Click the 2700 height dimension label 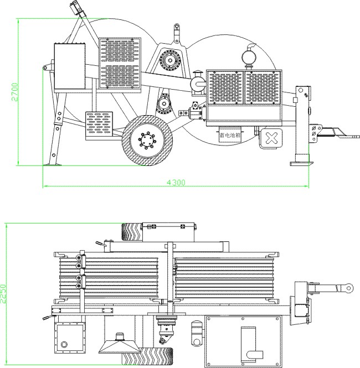point(14,92)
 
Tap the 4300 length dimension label point(176,183)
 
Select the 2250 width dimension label point(3,294)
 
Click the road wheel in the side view point(147,140)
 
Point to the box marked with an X point(271,138)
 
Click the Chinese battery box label point(230,135)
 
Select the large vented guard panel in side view point(120,64)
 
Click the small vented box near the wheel point(99,125)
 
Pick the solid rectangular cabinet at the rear point(70,66)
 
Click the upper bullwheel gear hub point(170,60)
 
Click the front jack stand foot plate point(302,164)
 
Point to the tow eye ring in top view point(349,288)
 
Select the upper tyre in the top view point(132,232)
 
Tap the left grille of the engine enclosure point(225,87)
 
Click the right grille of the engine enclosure point(263,87)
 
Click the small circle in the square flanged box point(64,345)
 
